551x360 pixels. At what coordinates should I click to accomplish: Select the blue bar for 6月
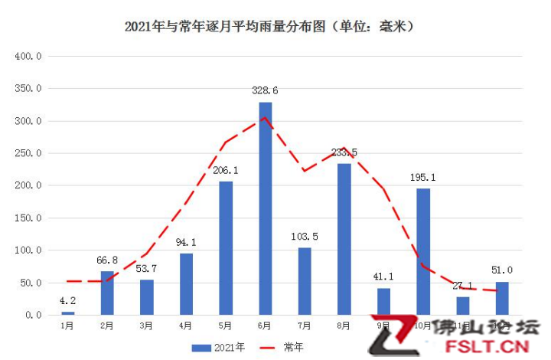(x=265, y=208)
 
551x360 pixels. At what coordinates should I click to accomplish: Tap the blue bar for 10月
(x=423, y=251)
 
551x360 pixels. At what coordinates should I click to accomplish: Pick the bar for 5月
(x=226, y=247)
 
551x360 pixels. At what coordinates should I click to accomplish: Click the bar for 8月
(x=344, y=239)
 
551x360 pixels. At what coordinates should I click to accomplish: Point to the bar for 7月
(x=305, y=280)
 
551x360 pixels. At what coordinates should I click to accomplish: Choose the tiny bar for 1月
(x=68, y=313)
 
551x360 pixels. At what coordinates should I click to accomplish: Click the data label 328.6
(x=265, y=90)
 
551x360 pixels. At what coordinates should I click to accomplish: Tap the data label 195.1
(x=423, y=177)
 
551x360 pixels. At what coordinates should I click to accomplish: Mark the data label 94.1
(x=186, y=243)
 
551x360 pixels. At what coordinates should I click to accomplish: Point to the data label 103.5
(x=305, y=237)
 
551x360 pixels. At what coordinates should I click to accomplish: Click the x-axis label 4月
(x=186, y=326)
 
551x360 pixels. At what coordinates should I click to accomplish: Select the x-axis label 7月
(x=305, y=326)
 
